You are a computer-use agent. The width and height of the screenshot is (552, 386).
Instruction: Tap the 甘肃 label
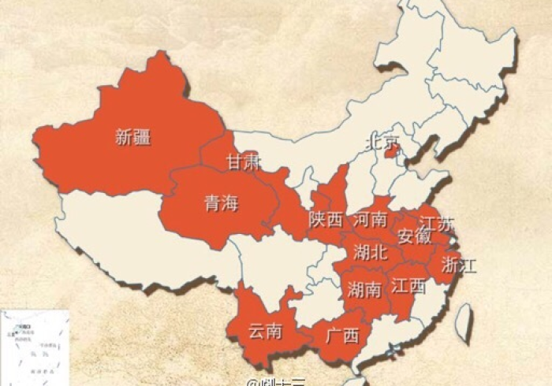[243, 162]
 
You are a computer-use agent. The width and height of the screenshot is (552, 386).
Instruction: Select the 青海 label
[221, 203]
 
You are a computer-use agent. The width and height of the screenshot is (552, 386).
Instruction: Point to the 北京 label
[382, 142]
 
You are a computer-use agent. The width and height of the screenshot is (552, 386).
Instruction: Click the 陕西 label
[326, 220]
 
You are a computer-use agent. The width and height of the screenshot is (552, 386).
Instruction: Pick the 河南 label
[370, 219]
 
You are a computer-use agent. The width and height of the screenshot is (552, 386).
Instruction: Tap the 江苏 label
[437, 224]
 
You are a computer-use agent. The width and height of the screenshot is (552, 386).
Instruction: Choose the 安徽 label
[414, 236]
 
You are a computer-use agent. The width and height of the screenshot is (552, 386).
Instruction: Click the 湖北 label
[370, 252]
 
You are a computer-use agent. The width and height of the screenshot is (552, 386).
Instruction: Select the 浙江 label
[459, 264]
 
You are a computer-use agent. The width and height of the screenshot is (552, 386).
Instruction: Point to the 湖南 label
[365, 289]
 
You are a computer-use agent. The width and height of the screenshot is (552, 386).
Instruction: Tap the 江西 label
[408, 285]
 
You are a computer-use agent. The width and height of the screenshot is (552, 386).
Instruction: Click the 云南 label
[264, 331]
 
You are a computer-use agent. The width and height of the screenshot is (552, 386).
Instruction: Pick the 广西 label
[341, 336]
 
